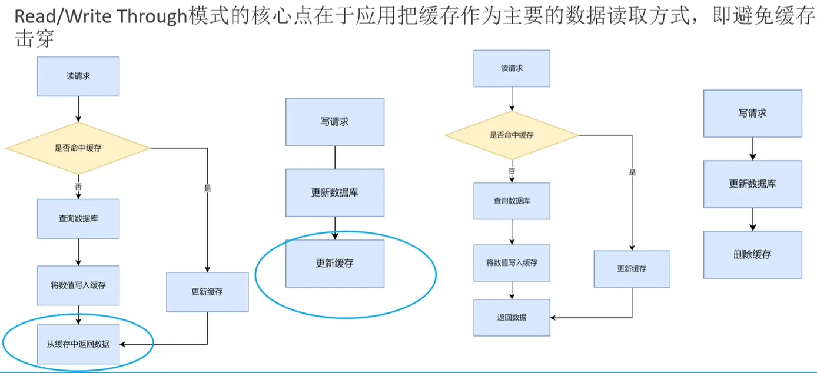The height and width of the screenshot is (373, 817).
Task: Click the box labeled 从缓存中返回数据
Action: pos(78,344)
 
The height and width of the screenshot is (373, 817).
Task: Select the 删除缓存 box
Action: pos(752,255)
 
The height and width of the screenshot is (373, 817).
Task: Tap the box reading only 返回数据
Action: pos(512,318)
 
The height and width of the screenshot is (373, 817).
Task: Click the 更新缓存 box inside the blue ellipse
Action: pos(335,263)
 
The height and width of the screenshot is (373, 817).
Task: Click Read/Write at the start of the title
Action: pos(63,17)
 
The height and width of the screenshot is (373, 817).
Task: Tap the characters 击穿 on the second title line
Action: pos(34,38)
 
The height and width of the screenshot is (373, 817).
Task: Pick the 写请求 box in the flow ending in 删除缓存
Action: pos(752,114)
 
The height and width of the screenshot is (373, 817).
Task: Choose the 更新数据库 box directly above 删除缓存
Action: pos(752,184)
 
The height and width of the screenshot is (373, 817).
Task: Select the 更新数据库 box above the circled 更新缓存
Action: pos(335,192)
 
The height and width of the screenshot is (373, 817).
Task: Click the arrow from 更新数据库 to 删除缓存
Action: pos(753,219)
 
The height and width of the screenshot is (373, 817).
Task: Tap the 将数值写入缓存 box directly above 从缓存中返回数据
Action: pos(78,285)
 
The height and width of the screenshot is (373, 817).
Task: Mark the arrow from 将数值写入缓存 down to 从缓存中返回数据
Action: pos(78,315)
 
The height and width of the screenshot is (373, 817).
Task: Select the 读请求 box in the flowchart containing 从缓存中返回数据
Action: pos(78,76)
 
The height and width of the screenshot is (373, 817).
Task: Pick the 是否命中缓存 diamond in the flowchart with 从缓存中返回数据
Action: pos(78,148)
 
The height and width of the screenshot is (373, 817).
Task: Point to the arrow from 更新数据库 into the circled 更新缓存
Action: pos(335,228)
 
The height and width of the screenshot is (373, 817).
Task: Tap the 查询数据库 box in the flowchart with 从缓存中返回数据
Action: pos(78,219)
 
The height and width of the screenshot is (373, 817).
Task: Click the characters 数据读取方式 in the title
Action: pos(627,17)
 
